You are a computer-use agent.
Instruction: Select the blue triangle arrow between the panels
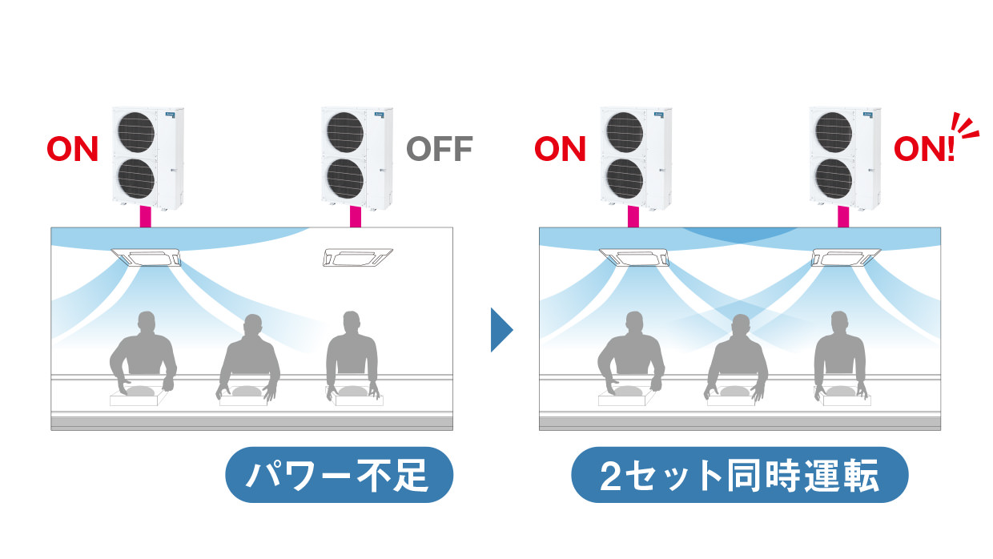(x=501, y=330)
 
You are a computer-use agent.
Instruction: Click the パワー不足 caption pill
(x=339, y=475)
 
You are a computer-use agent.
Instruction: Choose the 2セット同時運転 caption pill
(x=739, y=475)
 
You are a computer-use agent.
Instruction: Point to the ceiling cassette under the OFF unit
(x=357, y=257)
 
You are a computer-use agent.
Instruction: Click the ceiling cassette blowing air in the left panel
(x=147, y=257)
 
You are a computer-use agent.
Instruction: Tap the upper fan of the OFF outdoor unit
(x=345, y=132)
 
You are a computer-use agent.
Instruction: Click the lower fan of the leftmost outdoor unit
(x=135, y=179)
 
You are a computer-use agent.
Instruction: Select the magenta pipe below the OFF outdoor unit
(x=355, y=216)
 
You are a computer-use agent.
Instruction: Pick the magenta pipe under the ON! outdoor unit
(x=843, y=216)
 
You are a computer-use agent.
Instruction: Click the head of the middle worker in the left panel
(x=253, y=326)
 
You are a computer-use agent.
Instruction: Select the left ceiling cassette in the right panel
(x=634, y=257)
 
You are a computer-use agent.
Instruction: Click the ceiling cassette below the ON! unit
(x=846, y=257)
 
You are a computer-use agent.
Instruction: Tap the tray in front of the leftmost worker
(x=139, y=396)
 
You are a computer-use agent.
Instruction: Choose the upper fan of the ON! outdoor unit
(x=834, y=132)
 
